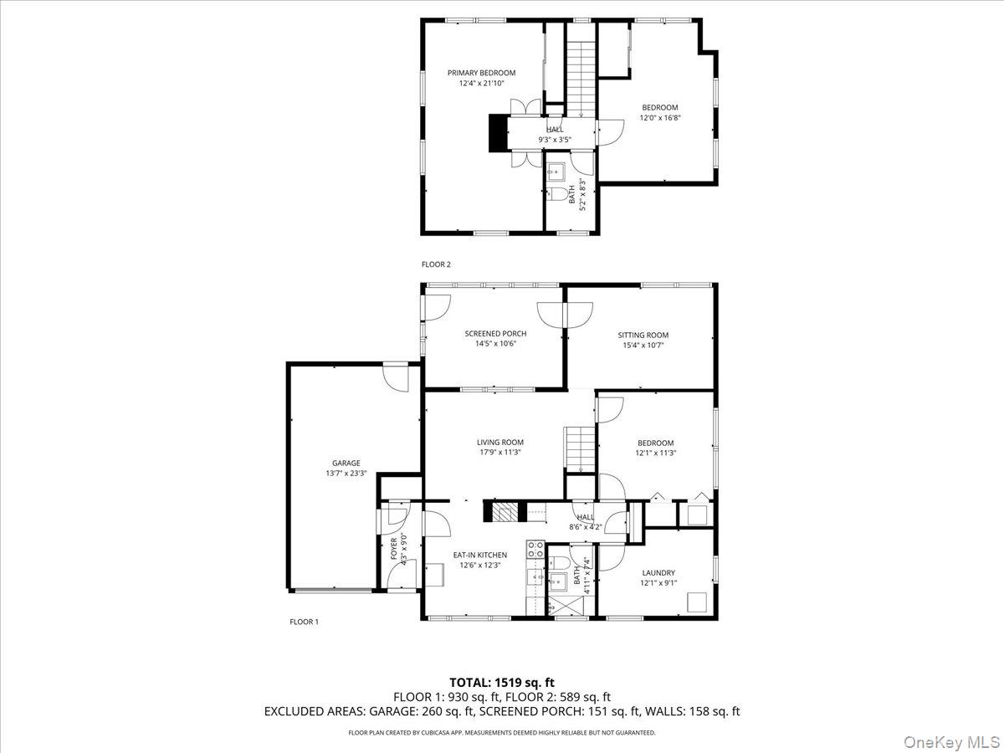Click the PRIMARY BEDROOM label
(481, 73)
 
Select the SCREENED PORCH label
(495, 334)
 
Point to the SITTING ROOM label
(643, 335)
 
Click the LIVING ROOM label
(500, 443)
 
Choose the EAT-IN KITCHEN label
(480, 555)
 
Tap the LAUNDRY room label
(658, 573)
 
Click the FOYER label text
(394, 548)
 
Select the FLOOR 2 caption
(436, 264)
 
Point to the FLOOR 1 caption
(304, 622)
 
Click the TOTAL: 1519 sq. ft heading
(502, 683)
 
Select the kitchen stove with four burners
(535, 549)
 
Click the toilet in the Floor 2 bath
(558, 196)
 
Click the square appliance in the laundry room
(696, 602)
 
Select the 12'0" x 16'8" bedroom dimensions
(659, 118)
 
